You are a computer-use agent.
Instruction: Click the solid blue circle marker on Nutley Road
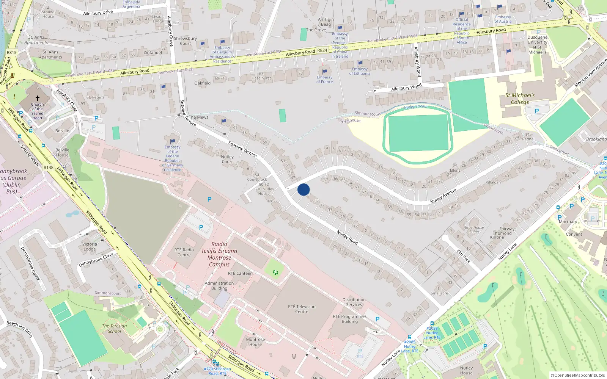coord(303,189)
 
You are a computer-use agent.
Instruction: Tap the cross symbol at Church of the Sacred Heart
coord(38,98)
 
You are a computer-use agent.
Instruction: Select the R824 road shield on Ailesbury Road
coord(322,50)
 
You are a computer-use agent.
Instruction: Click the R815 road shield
coord(12,52)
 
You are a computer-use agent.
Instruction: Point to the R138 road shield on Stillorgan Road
coord(49,168)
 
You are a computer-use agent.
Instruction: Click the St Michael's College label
coord(520,99)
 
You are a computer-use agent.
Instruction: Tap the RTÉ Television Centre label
coord(302,309)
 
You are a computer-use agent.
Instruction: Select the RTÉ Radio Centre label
coord(184,252)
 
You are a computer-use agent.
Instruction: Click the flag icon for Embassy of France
coord(325,71)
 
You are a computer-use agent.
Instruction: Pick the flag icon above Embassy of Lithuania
coord(360,63)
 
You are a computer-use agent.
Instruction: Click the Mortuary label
coord(568,222)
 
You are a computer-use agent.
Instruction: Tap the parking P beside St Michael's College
coord(536,111)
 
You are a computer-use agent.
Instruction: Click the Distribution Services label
coord(354,302)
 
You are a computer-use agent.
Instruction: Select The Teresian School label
coord(114,328)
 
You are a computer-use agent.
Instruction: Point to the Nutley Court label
coord(227,159)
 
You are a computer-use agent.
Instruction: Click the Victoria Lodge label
coord(90,246)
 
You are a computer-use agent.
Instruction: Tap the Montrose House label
coord(255,342)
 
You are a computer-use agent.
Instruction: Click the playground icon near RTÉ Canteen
coord(275,272)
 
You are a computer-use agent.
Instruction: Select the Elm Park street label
coord(463,256)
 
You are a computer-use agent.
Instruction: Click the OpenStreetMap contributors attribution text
coord(577,375)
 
